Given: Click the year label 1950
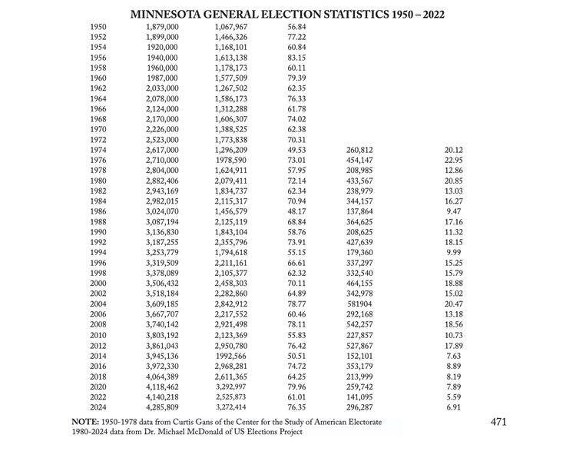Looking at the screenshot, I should coord(98,27).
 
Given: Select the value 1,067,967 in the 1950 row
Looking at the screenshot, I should coord(230,27).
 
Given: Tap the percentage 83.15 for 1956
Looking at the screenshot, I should coord(296,58).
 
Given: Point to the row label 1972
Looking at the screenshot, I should coord(98,140).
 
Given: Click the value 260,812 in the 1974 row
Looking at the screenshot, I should coord(359,150).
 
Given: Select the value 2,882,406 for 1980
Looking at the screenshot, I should coord(162,181).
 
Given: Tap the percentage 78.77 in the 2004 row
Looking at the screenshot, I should coord(296,304).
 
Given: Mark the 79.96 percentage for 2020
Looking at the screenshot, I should coord(296,387).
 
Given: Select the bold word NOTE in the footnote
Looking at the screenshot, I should coord(84,423).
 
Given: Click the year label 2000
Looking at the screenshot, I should coord(98,284).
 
